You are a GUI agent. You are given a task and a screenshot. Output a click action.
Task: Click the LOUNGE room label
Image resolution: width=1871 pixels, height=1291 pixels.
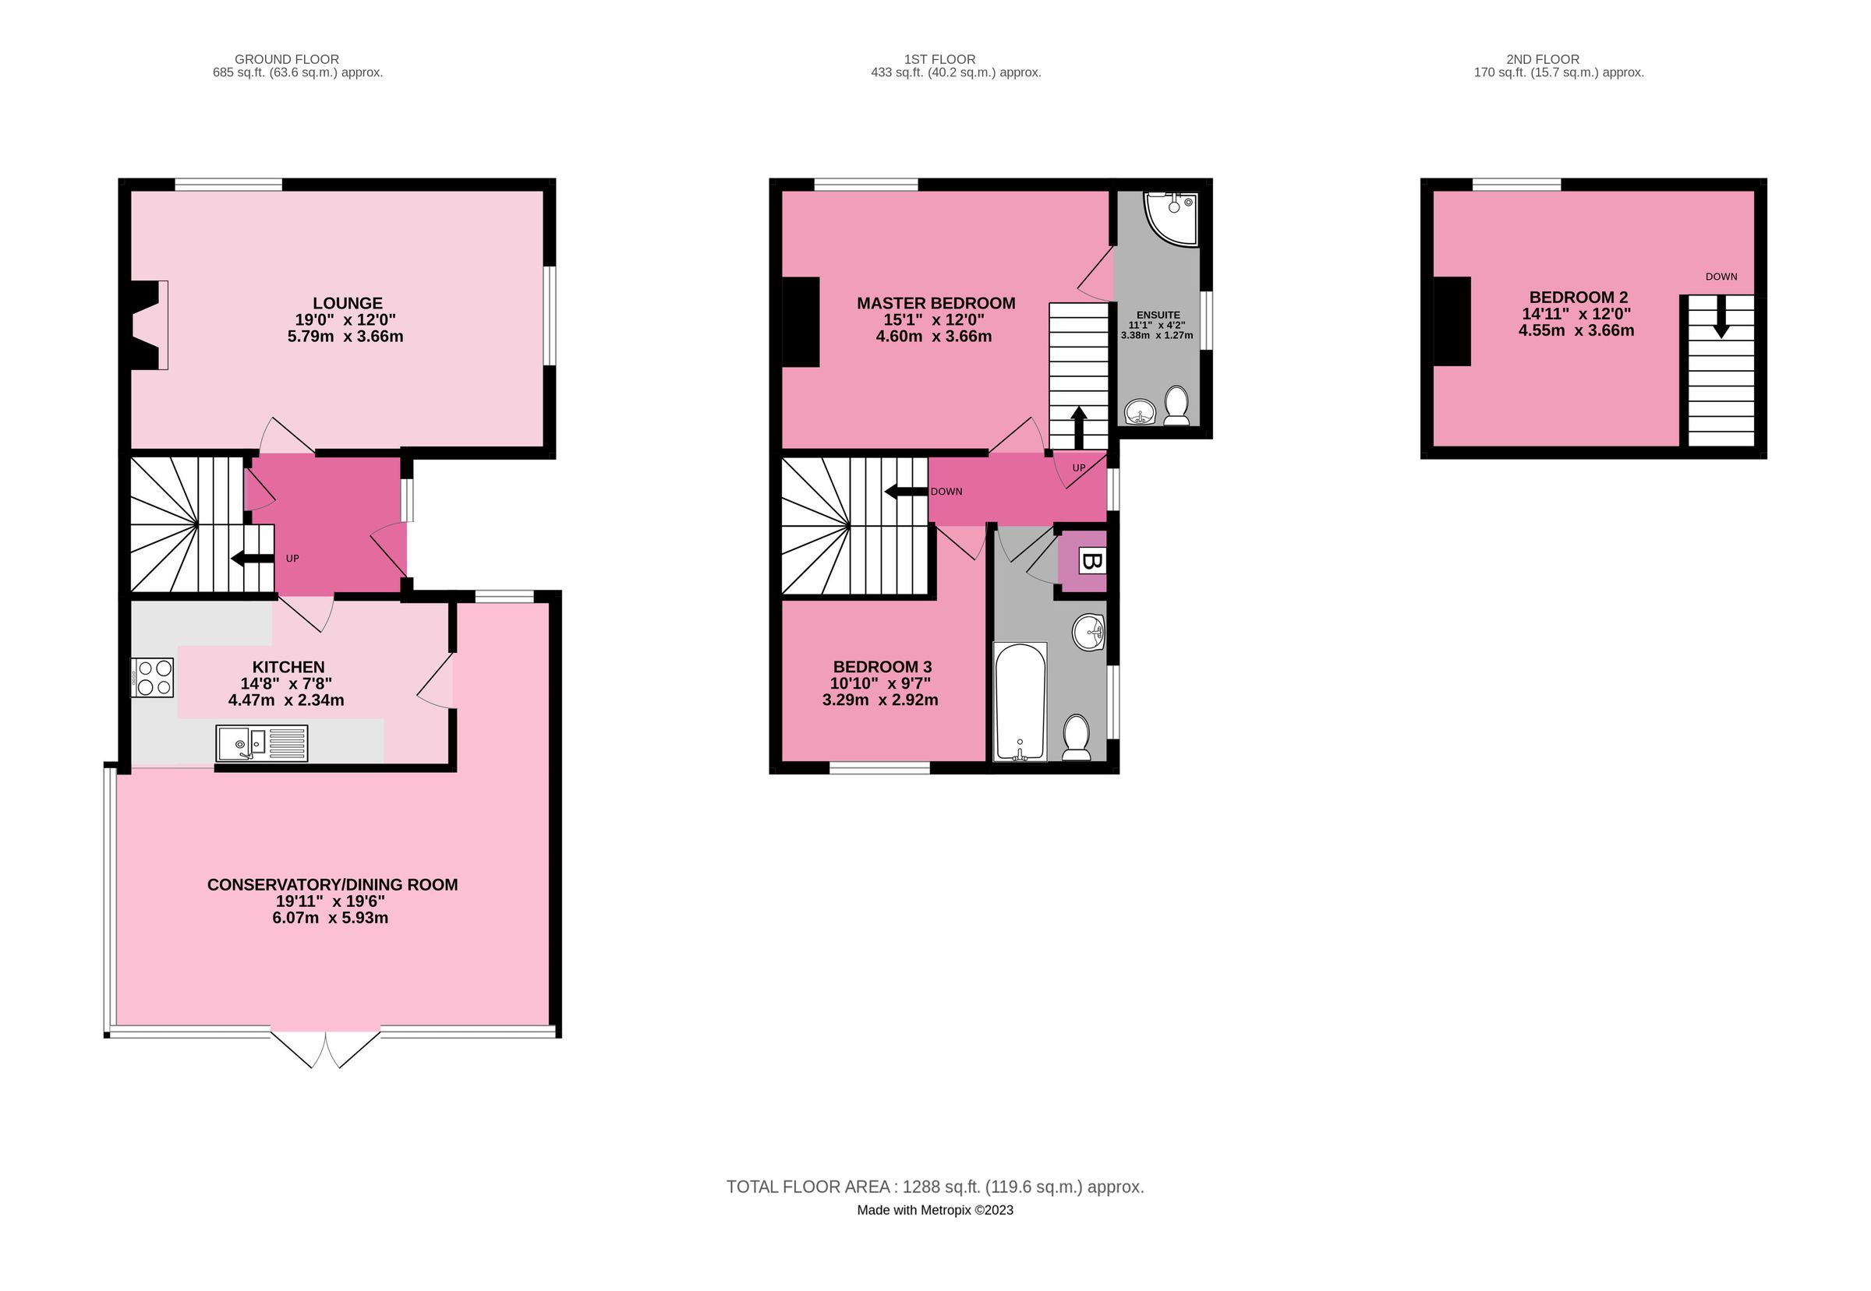point(347,303)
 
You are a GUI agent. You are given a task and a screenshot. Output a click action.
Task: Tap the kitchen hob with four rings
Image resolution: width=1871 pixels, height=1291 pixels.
point(153,678)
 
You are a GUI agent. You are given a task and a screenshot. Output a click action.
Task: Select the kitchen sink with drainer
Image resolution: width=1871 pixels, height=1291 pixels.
point(261,743)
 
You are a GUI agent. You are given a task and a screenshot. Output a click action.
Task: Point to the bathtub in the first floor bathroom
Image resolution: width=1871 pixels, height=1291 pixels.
point(1020,701)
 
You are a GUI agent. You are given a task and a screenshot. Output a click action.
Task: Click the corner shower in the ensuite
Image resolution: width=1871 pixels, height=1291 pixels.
point(1171,216)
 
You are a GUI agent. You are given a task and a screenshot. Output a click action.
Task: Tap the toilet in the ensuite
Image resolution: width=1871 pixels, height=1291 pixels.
point(1176,405)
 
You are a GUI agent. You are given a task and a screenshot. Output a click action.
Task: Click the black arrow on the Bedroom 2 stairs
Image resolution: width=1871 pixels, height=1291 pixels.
point(1721,316)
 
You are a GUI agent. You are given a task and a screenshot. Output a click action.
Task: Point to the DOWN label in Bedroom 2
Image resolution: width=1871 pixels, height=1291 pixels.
point(1721,277)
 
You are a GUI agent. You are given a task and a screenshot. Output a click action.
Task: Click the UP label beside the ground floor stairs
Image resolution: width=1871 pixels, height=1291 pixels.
point(292,559)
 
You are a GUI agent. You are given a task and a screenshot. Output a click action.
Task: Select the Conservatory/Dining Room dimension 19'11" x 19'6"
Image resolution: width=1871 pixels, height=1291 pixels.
point(331,901)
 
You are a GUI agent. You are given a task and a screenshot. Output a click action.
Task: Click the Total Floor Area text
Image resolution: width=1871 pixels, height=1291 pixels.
point(935,1187)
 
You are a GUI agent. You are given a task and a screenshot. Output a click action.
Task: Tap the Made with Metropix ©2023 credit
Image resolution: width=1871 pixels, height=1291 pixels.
point(935,1210)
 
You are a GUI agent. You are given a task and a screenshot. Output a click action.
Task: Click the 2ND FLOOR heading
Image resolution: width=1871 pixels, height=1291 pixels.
point(1542,59)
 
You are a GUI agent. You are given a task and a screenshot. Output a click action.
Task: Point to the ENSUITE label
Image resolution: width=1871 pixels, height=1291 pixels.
point(1158,316)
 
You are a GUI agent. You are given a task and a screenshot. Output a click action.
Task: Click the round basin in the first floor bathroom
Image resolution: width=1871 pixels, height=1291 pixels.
point(1088,631)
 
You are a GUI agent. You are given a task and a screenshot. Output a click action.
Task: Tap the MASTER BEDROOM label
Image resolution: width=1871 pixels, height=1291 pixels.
point(935,303)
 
